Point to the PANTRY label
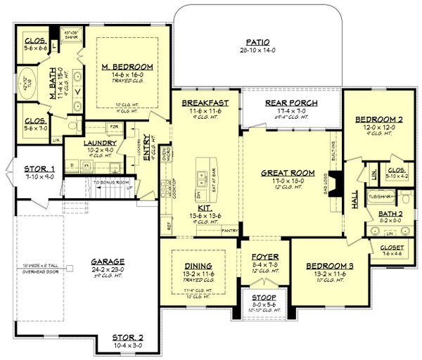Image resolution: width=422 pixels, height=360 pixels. click(228, 230)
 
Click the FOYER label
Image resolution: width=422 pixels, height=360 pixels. click(266, 257)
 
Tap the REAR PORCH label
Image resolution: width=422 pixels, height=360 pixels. click(291, 103)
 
